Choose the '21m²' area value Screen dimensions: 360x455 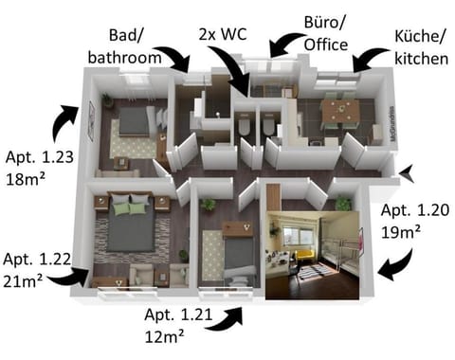click(25, 280)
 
